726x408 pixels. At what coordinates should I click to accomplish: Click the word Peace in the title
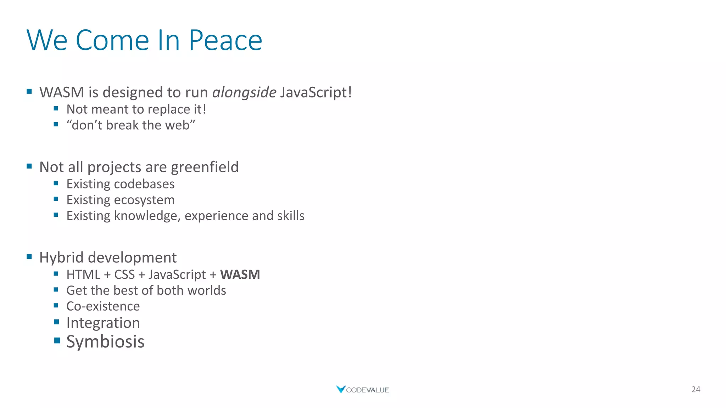(225, 40)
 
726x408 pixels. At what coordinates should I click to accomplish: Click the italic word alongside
(244, 92)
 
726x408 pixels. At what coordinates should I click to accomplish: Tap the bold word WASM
(240, 274)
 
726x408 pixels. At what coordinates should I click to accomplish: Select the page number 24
(696, 389)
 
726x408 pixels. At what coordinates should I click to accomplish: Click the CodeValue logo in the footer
(362, 390)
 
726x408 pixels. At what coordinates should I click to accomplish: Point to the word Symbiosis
(105, 342)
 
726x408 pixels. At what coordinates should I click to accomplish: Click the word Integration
(103, 323)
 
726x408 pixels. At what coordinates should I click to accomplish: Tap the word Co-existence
(103, 306)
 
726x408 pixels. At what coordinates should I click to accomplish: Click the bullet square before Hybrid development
(29, 256)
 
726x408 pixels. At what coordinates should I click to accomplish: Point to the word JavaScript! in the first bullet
(316, 92)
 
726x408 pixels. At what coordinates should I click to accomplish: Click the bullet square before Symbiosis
(57, 341)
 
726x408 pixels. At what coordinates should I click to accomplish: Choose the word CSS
(124, 274)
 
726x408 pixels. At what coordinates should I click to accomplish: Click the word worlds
(207, 290)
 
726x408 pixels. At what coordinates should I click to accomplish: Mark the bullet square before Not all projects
(29, 166)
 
